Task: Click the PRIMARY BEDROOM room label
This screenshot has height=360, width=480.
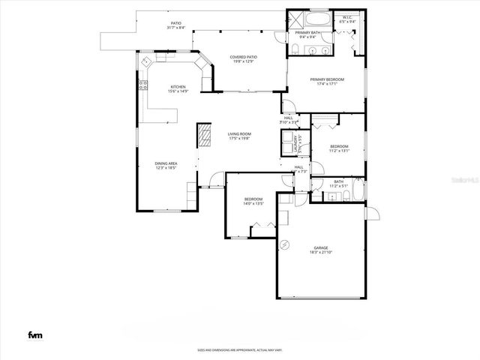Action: pos(329,79)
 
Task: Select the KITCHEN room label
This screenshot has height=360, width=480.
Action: pos(178,87)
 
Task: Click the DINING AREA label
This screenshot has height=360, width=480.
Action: pos(166,163)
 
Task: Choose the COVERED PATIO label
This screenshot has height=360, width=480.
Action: pos(244,56)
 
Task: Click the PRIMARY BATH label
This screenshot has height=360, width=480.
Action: pos(308,33)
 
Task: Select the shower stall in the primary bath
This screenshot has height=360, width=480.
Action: pos(295,18)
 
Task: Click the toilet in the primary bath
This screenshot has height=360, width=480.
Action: pos(296,49)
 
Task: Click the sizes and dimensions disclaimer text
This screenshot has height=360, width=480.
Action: pos(239,349)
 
